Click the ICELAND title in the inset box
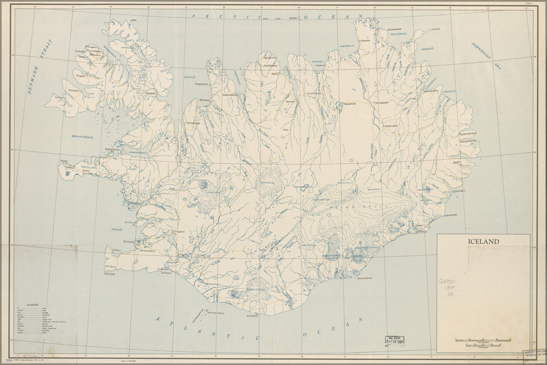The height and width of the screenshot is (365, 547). click(x=483, y=241)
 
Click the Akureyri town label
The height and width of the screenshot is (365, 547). click(x=290, y=101)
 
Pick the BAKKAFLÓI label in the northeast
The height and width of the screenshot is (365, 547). click(x=428, y=48)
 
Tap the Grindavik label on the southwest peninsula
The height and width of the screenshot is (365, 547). click(x=111, y=266)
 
